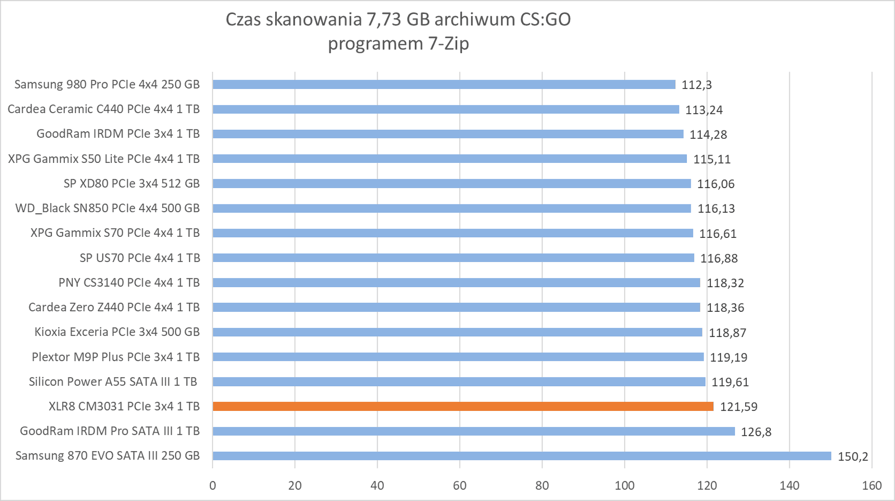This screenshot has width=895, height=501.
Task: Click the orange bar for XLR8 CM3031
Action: click(x=463, y=406)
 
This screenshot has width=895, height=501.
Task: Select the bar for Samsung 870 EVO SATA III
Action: click(x=522, y=456)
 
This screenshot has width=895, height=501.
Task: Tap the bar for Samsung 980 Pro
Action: click(x=444, y=85)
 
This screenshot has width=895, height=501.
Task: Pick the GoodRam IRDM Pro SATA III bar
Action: click(x=474, y=431)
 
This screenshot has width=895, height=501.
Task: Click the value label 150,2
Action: click(x=853, y=456)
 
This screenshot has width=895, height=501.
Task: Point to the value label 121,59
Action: click(x=738, y=407)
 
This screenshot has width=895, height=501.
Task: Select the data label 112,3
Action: click(x=696, y=85)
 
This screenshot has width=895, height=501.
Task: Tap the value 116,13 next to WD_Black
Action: click(x=716, y=209)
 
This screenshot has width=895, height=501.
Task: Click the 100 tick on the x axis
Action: click(x=624, y=486)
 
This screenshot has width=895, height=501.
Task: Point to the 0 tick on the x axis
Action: click(x=213, y=486)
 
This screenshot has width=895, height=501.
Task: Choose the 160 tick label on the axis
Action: click(x=872, y=486)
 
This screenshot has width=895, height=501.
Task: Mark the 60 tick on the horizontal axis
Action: click(x=460, y=486)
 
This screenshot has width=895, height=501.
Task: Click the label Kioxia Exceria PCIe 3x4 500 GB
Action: click(x=117, y=332)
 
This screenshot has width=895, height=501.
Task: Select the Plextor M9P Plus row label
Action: click(x=115, y=357)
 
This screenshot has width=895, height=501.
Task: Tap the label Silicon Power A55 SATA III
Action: click(x=113, y=382)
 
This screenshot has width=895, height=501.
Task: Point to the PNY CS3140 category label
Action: click(x=129, y=283)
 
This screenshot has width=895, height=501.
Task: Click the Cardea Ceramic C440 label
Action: click(x=103, y=109)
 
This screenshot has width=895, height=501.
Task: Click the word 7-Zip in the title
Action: click(x=449, y=44)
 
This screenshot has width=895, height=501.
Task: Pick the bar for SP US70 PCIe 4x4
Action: click(x=453, y=258)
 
